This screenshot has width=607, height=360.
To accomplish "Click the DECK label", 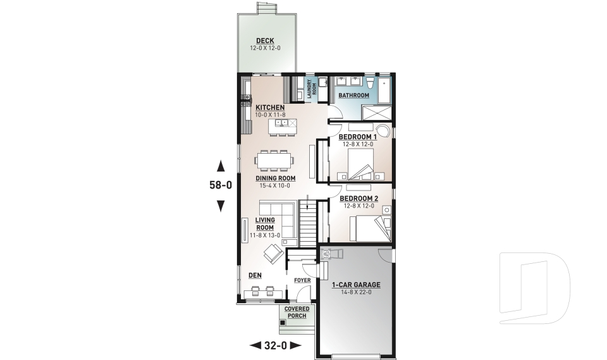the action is pos(265,40).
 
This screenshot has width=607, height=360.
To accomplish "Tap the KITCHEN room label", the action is pos(270,108).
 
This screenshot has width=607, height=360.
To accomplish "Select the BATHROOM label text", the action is pos(354,96).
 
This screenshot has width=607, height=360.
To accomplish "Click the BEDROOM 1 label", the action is pos(358,137).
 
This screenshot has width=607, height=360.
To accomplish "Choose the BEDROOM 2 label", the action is pos(359,199).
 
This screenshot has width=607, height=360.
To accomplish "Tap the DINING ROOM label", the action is pos(275,178).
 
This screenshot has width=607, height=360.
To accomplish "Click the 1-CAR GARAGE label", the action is pos(356,285).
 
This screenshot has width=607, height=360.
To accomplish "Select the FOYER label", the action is pos(302,280).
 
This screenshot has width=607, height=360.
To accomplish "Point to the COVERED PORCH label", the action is pos(297,313).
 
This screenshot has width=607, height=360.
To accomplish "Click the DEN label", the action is pos(255,275).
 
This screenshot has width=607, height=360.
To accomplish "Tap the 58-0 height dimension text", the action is pos(221,185).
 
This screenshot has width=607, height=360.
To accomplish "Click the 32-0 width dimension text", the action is pos(276,345).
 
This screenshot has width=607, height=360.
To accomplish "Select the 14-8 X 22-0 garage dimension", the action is pos(356,292).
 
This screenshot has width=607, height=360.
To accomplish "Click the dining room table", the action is pos(274,161).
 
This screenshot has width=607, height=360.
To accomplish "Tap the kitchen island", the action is pos(283,124).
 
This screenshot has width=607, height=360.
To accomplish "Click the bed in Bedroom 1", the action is pos(361,164).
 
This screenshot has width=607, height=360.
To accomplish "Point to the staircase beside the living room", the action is pos(308,223).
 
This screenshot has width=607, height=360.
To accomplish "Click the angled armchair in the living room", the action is pos(273,254).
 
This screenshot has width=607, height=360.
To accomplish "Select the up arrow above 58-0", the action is pos(221,166).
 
